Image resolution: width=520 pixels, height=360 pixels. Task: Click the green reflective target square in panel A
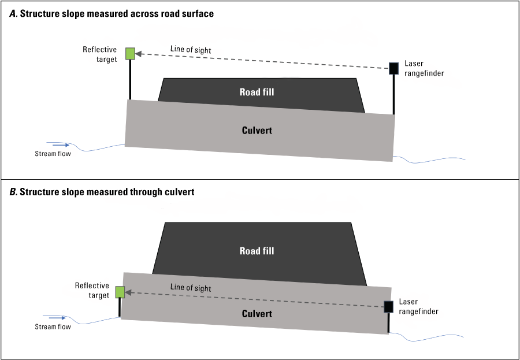click(x=131, y=54)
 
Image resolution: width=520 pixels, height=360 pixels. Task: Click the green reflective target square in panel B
click(x=120, y=292)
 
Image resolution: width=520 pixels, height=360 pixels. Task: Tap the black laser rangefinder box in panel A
click(x=394, y=68)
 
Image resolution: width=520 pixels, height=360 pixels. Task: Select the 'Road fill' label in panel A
click(x=257, y=92)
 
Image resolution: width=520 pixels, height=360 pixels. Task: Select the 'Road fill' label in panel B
click(x=257, y=251)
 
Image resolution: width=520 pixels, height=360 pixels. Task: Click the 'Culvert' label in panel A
click(x=257, y=130)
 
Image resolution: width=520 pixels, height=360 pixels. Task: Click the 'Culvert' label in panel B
click(x=257, y=313)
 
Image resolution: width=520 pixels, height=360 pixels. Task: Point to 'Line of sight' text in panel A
click(x=191, y=50)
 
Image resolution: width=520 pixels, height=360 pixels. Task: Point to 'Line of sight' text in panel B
click(x=191, y=288)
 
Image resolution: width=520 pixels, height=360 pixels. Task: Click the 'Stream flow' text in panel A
click(x=53, y=154)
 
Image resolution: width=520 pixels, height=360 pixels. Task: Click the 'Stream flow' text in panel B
click(x=53, y=327)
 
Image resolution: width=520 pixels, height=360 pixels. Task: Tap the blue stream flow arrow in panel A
click(x=60, y=144)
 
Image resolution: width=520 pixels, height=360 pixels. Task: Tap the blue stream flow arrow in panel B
click(x=60, y=317)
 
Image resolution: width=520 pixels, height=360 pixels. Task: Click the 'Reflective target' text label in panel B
click(x=92, y=290)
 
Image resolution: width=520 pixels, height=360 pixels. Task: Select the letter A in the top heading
click(x=13, y=14)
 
